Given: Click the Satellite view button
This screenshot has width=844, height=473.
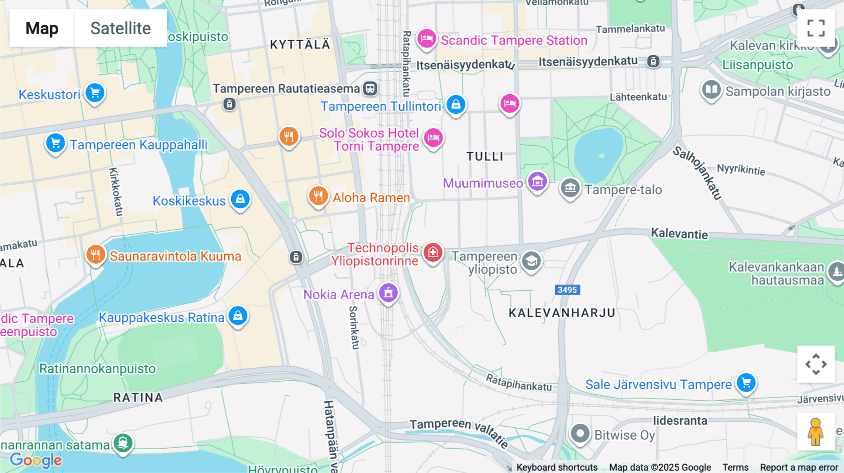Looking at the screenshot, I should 121,28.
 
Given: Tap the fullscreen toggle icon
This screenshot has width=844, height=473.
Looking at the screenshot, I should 816,28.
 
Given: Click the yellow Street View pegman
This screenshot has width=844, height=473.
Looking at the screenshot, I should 815,431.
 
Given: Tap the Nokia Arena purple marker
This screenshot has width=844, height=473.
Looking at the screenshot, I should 388,293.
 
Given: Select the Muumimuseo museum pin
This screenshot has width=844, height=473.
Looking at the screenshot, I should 537,181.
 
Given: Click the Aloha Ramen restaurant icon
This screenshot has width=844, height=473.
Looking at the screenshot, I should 318,196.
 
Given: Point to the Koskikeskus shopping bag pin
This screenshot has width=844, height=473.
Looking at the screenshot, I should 240,199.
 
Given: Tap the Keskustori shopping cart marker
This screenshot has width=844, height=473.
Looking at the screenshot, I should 95,93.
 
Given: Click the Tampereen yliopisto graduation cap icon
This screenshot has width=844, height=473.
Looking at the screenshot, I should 531,261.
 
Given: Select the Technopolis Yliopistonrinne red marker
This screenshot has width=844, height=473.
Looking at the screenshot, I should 432,252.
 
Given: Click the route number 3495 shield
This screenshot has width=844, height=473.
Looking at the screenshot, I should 567,290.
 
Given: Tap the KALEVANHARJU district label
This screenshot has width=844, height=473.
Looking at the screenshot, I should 562,313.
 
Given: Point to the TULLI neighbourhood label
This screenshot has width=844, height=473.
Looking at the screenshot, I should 485,156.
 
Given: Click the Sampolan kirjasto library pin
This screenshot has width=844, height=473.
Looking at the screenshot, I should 711,89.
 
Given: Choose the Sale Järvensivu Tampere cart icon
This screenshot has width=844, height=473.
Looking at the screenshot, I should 746,383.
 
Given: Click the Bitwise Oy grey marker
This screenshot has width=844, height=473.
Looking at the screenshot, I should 580,434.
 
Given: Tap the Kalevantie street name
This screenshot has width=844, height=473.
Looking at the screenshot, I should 679,234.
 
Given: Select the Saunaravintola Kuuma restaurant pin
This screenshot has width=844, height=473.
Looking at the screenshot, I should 96,255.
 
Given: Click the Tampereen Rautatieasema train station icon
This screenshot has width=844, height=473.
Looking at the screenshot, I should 370,88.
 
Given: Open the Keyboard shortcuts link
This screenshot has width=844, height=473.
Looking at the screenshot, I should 557,467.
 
